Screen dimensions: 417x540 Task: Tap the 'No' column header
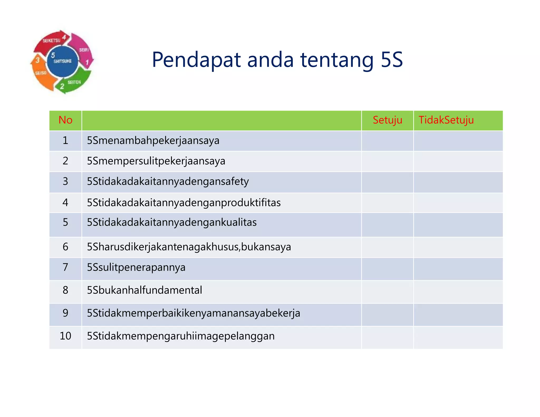click(65, 120)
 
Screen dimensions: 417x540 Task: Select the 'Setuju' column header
click(387, 120)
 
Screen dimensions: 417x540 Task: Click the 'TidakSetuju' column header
click(446, 120)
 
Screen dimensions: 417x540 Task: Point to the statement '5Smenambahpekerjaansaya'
click(153, 140)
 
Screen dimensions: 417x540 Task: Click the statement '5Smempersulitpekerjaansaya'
click(156, 161)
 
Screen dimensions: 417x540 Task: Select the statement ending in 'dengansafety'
click(168, 182)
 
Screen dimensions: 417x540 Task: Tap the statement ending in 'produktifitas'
click(184, 203)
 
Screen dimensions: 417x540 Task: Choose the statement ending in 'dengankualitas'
click(172, 222)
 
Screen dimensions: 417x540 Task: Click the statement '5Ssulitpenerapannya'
click(136, 268)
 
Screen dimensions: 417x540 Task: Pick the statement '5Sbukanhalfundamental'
click(144, 290)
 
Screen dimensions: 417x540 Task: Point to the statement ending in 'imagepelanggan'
click(181, 336)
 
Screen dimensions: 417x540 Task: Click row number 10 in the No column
click(65, 336)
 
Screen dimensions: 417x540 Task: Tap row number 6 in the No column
click(65, 247)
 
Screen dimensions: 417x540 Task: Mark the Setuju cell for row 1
click(387, 141)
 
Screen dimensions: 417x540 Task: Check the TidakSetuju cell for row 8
click(458, 292)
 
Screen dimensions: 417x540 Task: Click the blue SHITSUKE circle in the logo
click(63, 61)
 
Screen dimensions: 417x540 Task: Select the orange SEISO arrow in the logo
click(42, 75)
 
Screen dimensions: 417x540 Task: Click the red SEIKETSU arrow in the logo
click(52, 41)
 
